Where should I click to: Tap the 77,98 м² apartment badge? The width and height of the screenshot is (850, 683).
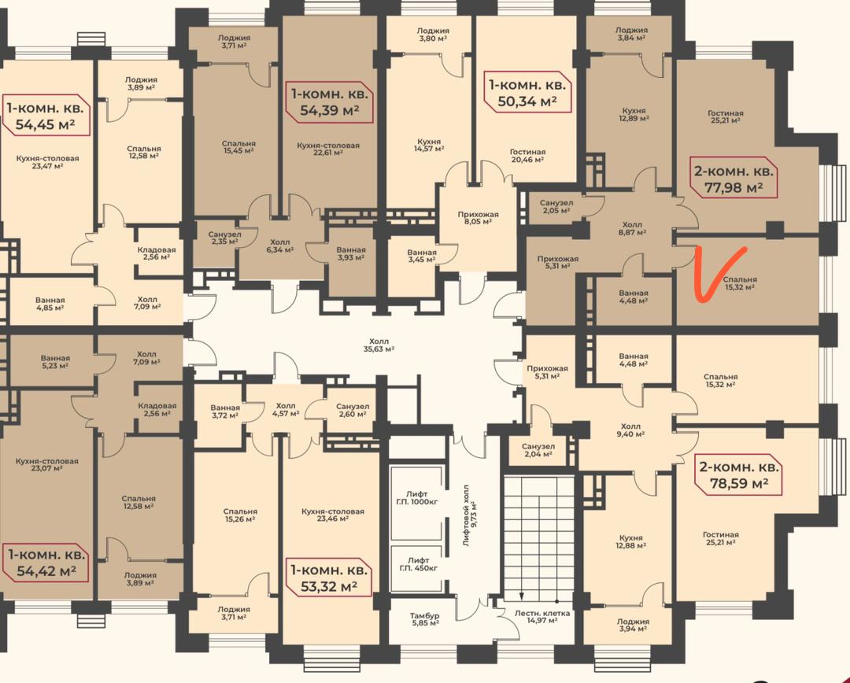pos(734,179)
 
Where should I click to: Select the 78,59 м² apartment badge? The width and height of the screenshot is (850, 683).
pos(739,474)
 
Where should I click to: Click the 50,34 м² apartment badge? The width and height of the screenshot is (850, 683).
pos(527,92)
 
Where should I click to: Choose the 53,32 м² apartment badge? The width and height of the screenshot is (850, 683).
pos(329,578)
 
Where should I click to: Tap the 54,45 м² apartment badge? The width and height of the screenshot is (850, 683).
pos(46,116)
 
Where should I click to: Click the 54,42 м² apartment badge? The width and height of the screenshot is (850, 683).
pos(46,563)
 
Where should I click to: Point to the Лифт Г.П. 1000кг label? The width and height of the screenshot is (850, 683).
pos(417,497)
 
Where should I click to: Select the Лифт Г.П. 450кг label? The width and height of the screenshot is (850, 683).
pos(418,563)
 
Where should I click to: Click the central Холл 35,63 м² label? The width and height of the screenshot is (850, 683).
pos(379,345)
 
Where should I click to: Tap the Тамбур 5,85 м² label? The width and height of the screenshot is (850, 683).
pos(424,619)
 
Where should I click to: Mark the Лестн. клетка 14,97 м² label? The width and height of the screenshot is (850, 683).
pos(542,616)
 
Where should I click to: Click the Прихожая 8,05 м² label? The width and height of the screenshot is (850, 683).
pos(478,217)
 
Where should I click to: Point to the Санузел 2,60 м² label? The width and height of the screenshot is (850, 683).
pos(353,410)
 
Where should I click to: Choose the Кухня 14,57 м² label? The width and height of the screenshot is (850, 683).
pos(427,145)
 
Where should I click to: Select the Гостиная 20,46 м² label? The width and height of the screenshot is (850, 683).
pos(528,156)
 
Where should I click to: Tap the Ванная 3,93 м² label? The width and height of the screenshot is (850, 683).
pos(351,253)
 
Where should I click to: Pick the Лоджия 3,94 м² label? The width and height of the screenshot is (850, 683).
pos(633,625)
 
